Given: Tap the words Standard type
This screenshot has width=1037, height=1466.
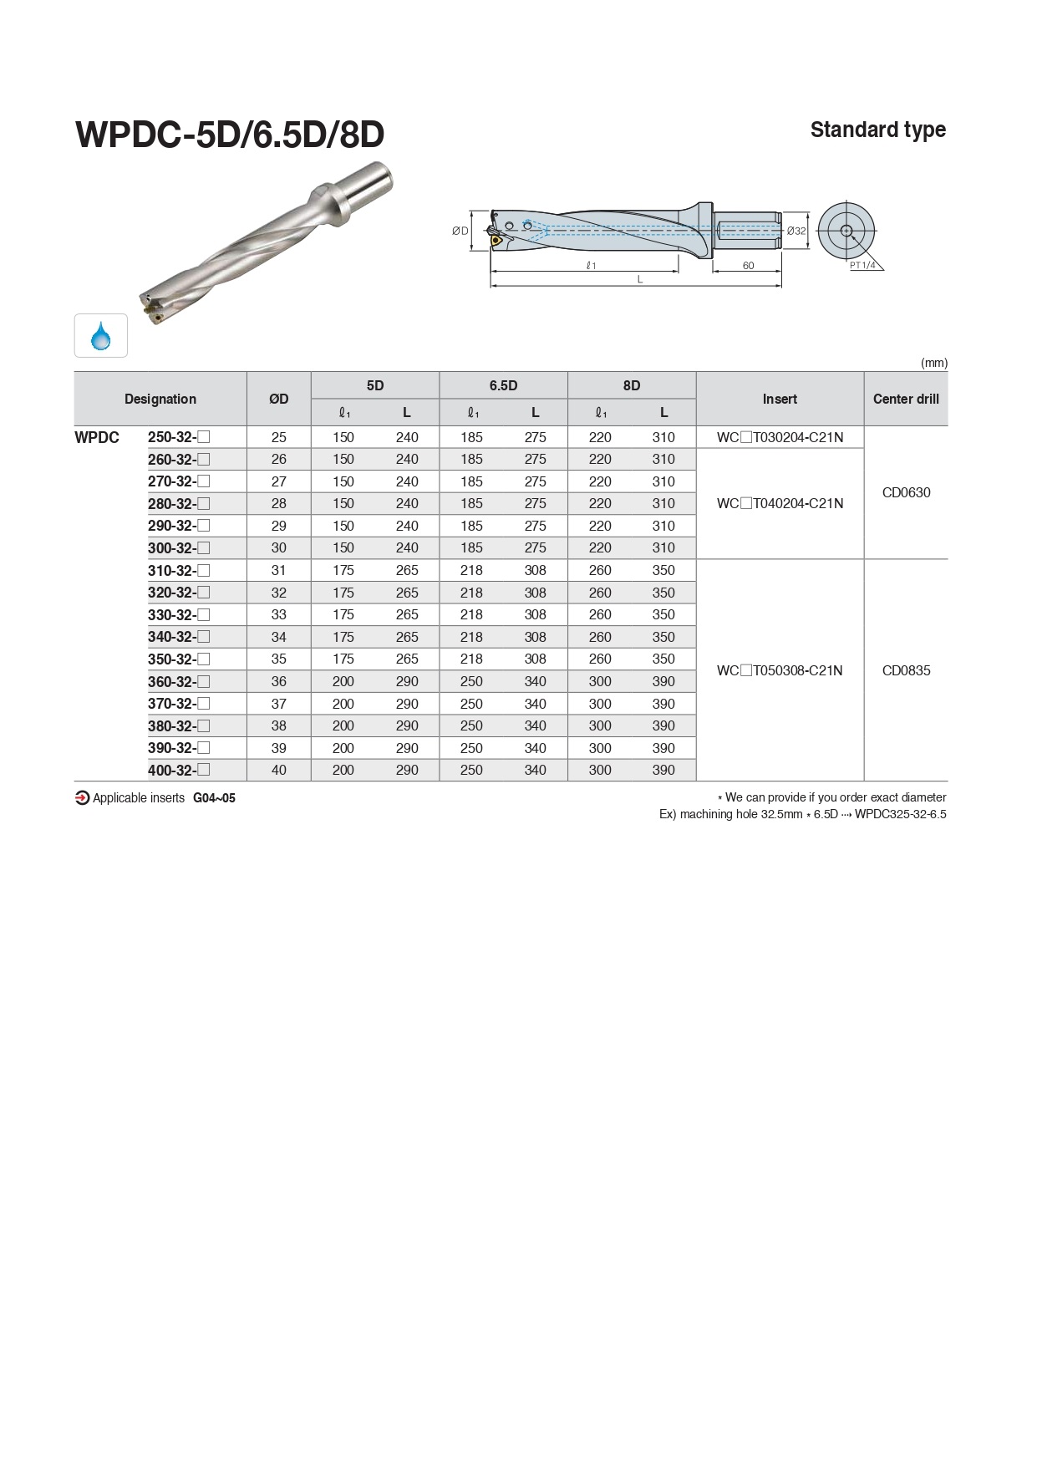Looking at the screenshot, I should (877, 130).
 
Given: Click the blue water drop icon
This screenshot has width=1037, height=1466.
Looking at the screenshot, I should (101, 336).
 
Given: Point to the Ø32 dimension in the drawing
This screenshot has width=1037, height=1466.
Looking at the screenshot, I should (796, 231).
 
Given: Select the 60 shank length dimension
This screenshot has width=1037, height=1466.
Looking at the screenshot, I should (748, 266).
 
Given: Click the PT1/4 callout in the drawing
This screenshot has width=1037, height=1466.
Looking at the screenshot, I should (862, 266).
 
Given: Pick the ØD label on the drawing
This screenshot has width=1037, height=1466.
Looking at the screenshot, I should (460, 231).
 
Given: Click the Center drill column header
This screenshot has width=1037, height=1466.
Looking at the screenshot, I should (906, 400).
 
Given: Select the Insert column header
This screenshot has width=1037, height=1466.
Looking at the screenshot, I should (780, 400).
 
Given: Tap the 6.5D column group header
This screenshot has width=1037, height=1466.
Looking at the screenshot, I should (503, 385).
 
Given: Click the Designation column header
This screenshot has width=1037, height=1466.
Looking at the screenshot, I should (160, 400).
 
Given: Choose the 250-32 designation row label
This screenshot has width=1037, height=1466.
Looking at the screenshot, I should (178, 437).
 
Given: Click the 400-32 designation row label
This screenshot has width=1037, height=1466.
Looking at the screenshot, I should (178, 771).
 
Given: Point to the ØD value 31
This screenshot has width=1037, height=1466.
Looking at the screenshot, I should (279, 570).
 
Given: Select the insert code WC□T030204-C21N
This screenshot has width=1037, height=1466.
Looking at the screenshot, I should (780, 437).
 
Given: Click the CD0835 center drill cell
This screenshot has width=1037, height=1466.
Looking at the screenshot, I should (906, 670).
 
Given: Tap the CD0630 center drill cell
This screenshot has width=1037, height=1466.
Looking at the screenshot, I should (906, 492).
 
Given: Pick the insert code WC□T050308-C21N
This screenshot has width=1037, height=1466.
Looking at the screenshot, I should (780, 670).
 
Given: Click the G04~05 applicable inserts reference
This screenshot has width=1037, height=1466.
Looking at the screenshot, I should (214, 798).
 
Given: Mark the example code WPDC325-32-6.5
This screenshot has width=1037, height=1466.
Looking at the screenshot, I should (900, 814).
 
